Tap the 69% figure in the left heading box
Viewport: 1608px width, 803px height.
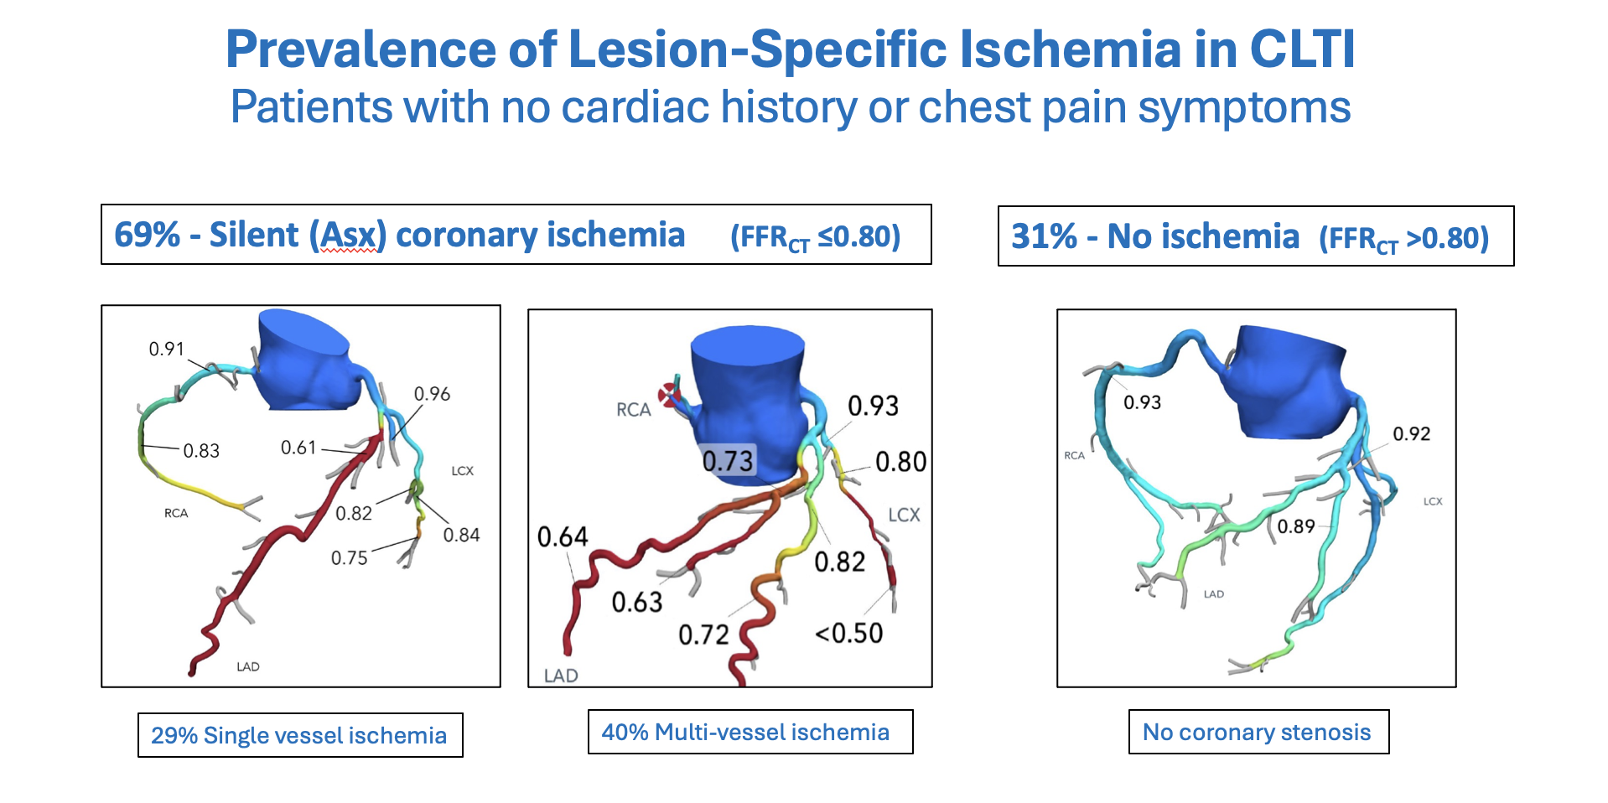147,235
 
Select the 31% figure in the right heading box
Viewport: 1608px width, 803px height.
1044,236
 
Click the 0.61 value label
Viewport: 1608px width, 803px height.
298,448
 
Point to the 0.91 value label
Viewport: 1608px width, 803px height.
166,349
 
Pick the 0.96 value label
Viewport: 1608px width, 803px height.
432,394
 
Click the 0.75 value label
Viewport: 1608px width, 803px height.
349,558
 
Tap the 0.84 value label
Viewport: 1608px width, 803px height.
461,535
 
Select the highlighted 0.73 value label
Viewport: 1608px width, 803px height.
729,460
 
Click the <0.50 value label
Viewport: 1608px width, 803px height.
849,633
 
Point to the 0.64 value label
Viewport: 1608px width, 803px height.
563,536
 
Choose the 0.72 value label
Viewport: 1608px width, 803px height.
703,635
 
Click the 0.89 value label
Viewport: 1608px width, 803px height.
1295,526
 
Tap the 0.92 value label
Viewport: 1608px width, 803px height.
1411,433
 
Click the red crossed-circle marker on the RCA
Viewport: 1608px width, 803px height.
669,394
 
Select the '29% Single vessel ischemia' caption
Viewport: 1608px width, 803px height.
299,735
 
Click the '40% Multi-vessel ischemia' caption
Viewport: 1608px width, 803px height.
745,732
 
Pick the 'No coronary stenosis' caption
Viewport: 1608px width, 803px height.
1257,732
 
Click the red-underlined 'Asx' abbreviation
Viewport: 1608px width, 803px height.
348,235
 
